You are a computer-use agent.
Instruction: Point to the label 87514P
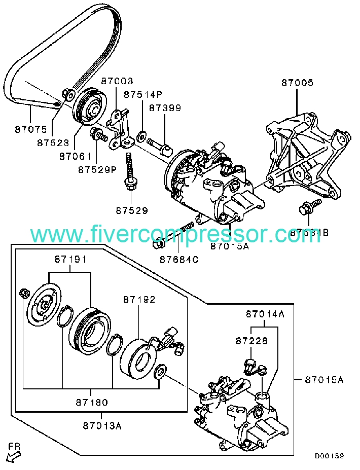pos(143,94)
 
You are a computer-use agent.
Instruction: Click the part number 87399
pos(165,108)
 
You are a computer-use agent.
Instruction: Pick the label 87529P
pos(98,169)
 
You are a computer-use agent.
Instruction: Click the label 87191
pos(70,259)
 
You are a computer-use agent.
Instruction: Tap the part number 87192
pos(138,300)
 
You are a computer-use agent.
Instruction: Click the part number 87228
pos(251,342)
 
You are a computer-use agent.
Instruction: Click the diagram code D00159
pos(329,456)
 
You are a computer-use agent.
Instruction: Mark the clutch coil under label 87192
pos(138,357)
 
